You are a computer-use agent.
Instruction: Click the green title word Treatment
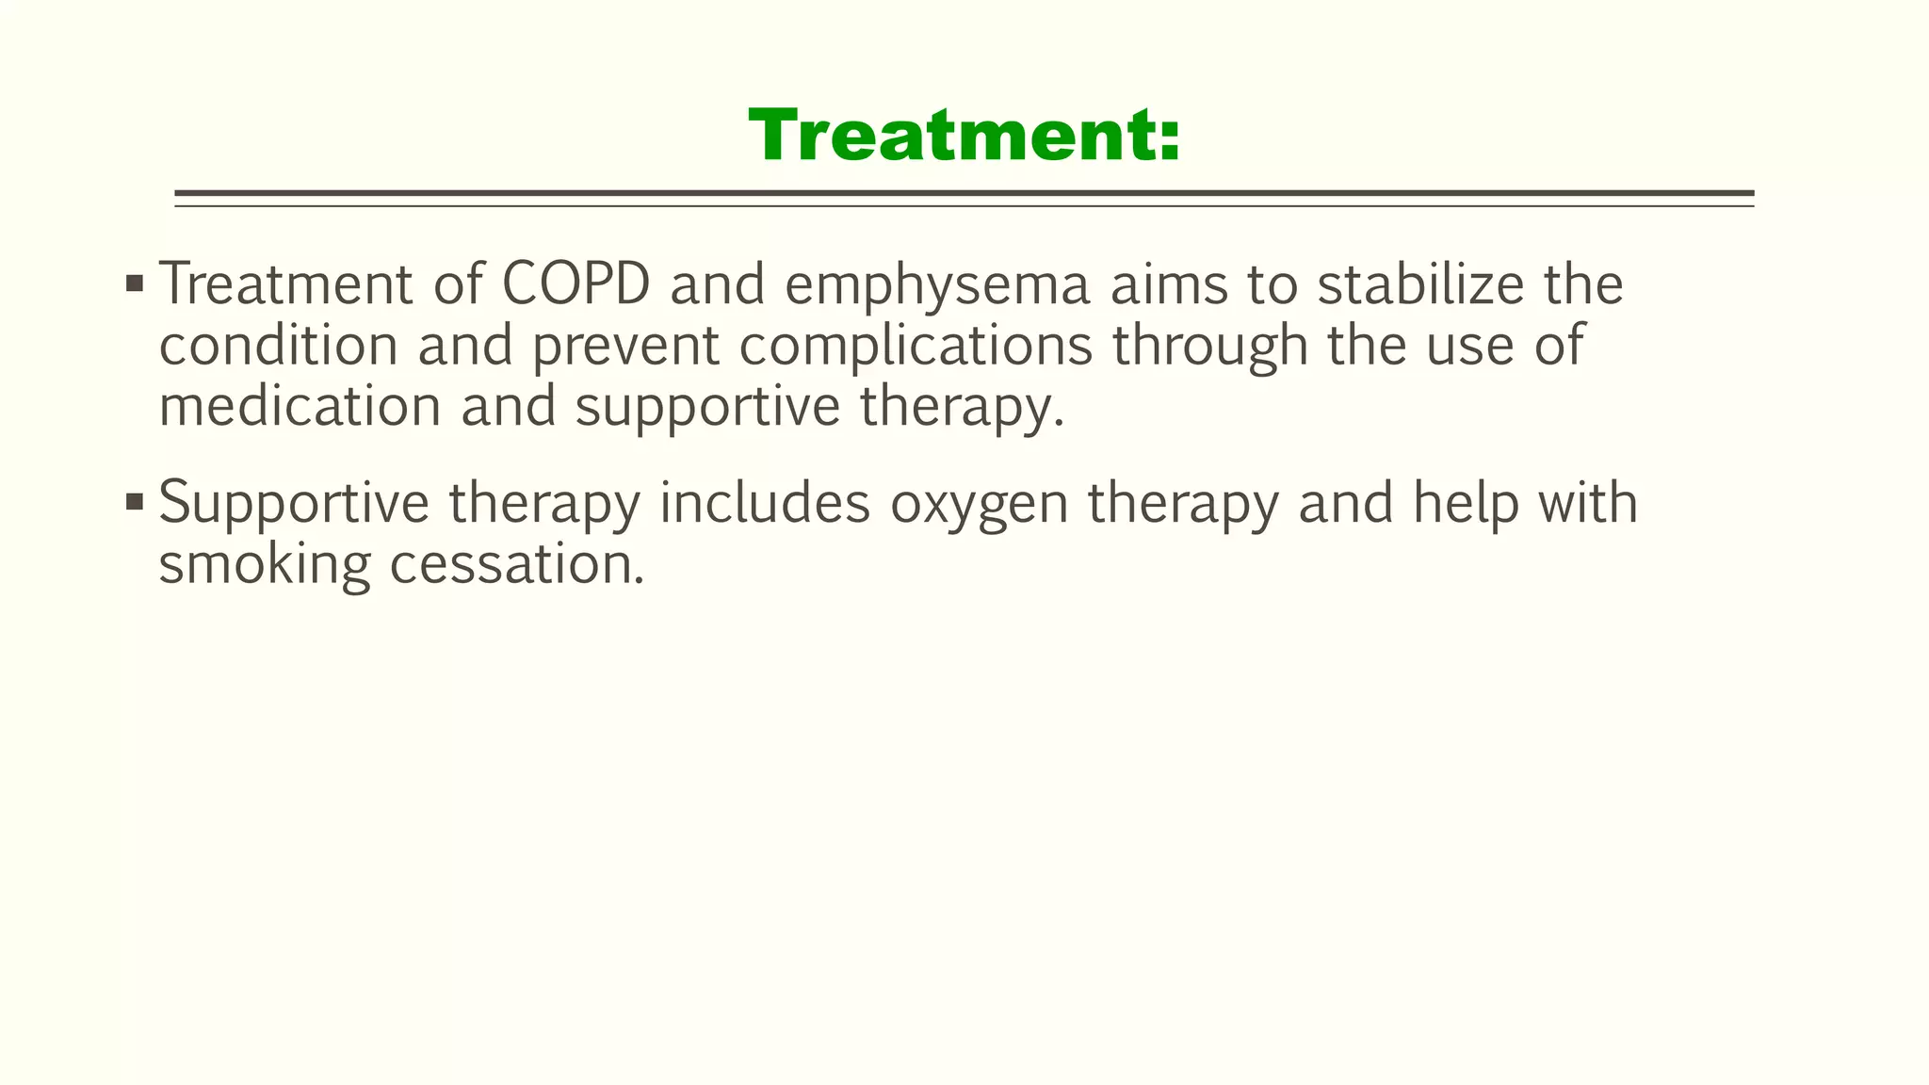point(964,137)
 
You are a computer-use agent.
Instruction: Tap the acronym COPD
point(575,283)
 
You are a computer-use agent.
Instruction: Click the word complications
point(916,347)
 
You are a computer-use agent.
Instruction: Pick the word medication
point(300,407)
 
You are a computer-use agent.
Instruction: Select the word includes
point(764,503)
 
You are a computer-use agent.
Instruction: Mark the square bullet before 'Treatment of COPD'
point(134,283)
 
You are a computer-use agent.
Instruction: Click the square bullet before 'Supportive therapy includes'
point(134,501)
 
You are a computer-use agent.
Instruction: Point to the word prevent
point(625,347)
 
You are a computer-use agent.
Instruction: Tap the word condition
point(279,345)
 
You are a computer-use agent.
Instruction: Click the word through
point(1210,347)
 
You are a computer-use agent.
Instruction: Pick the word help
point(1466,504)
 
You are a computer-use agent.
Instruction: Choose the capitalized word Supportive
point(294,504)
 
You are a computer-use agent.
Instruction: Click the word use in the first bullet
point(1469,347)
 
